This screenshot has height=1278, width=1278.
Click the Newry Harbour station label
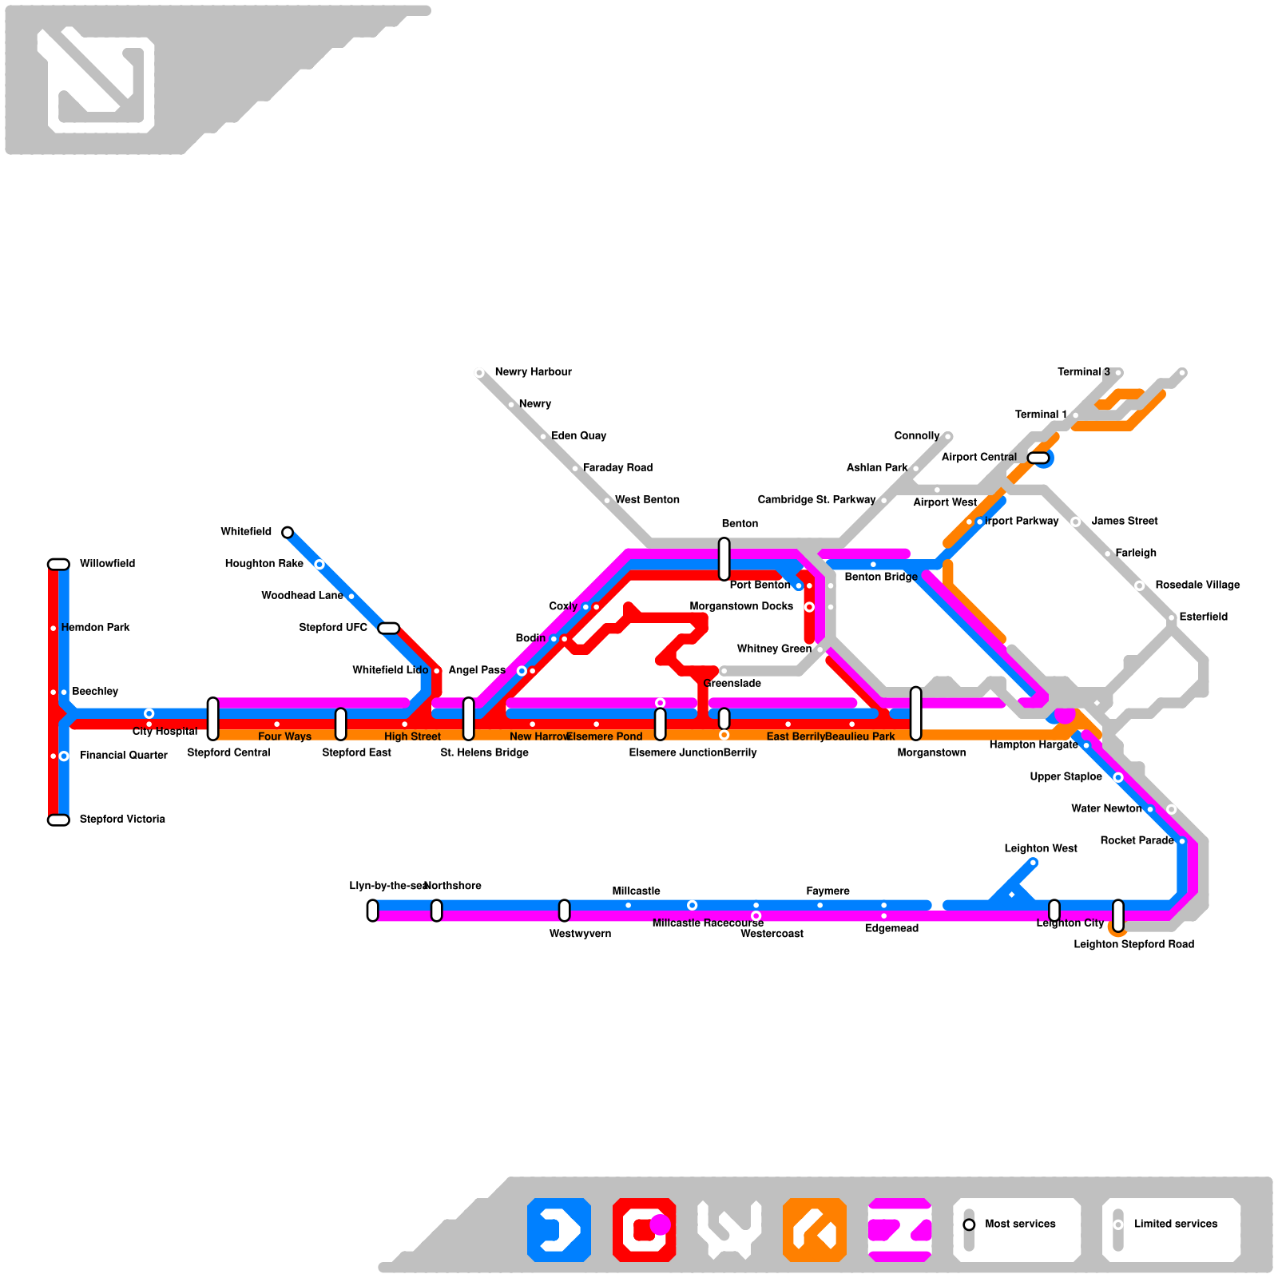[x=533, y=372]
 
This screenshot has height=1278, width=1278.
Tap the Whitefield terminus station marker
[x=288, y=532]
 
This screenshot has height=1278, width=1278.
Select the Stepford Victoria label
[x=122, y=820]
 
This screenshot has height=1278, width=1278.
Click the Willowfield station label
[x=107, y=564]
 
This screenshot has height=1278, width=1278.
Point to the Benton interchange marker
[x=724, y=559]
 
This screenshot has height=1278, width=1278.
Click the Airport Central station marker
[x=1038, y=458]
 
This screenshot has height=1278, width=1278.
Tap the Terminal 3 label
[x=1083, y=372]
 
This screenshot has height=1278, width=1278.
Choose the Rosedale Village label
[x=1197, y=585]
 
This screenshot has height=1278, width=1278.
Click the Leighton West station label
[x=1040, y=849]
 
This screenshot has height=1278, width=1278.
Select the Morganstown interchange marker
[x=915, y=713]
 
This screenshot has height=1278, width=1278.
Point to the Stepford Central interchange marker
[x=212, y=719]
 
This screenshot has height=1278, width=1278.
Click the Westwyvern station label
[x=580, y=934]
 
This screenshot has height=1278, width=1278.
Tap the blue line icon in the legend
[x=559, y=1230]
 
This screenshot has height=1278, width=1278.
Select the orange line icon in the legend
[x=815, y=1230]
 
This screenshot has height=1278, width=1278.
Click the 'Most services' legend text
[x=1020, y=1224]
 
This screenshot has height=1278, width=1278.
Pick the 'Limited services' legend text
[x=1176, y=1224]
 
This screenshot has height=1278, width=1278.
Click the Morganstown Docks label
[x=741, y=606]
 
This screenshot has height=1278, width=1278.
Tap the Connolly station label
[x=916, y=436]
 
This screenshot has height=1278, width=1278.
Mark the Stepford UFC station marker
[x=388, y=628]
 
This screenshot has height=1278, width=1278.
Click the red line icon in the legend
[x=644, y=1230]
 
